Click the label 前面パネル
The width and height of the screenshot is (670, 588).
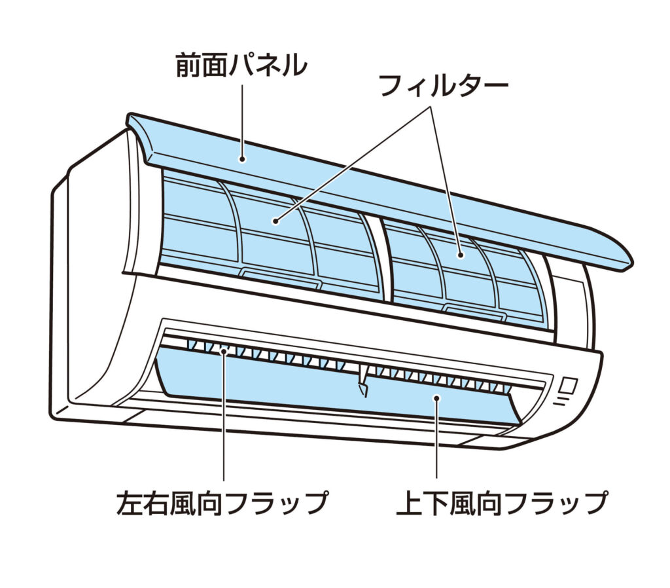tap(240, 67)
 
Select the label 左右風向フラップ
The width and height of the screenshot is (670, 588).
tap(222, 503)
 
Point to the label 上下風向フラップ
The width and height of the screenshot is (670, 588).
tap(502, 503)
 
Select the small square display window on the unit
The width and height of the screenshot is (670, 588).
tap(567, 385)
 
